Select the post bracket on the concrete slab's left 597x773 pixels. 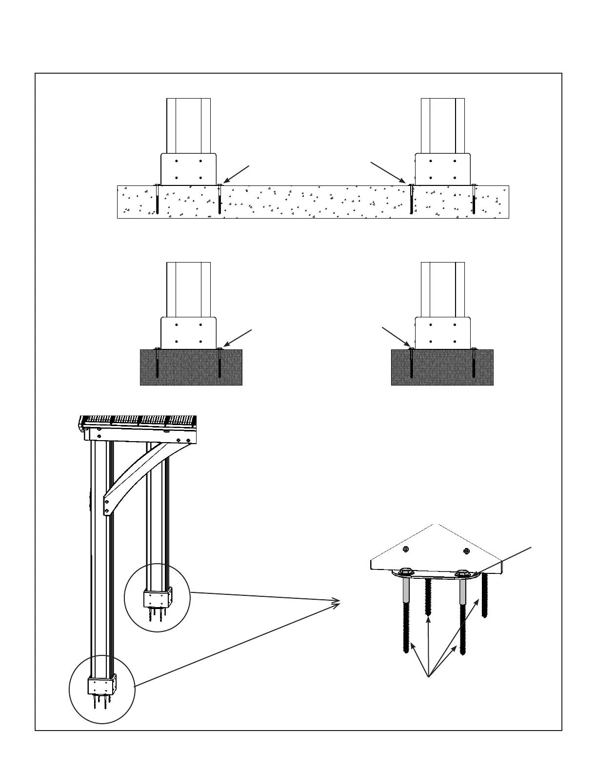tap(189, 169)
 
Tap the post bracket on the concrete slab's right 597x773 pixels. tap(442, 169)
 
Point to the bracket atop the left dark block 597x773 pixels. tap(189, 333)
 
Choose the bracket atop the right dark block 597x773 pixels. tap(442, 333)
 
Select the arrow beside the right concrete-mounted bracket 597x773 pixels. tap(388, 172)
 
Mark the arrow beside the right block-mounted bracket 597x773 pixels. tap(396, 337)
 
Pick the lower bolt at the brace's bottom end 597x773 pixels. tap(107, 511)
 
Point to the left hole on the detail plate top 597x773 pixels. tap(406, 549)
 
